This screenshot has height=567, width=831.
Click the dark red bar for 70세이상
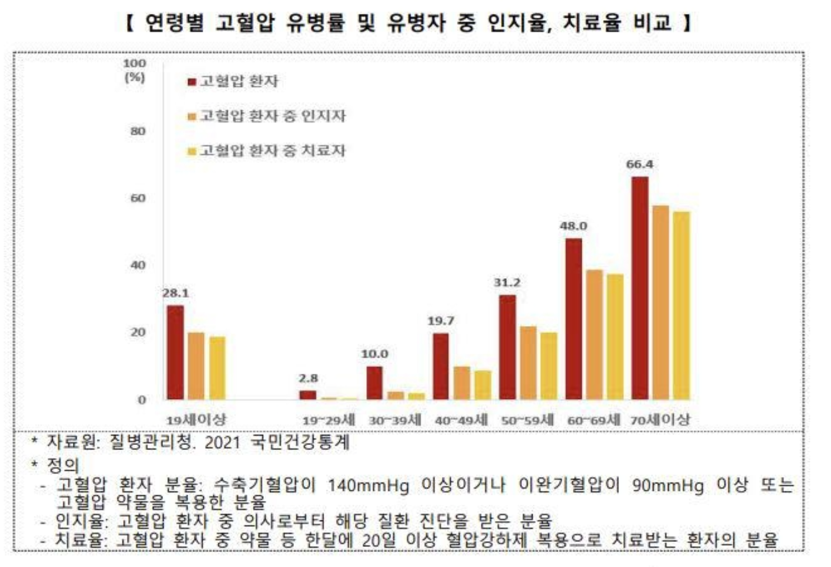(x=639, y=288)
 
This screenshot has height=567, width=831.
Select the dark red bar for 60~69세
(x=573, y=319)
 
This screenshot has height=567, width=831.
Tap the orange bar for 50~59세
(x=527, y=363)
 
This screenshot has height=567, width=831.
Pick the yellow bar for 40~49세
(x=483, y=385)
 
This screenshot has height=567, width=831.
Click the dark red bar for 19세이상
(x=175, y=353)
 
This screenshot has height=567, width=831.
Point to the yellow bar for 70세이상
(x=681, y=306)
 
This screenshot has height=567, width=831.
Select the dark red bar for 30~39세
(x=374, y=383)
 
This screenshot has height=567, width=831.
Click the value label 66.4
(x=639, y=165)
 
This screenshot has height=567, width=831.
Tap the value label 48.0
(x=573, y=226)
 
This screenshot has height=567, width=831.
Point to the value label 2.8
(x=308, y=378)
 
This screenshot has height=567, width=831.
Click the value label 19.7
(x=441, y=321)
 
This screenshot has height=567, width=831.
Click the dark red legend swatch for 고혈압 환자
(x=192, y=82)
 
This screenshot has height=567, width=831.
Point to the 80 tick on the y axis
(x=138, y=131)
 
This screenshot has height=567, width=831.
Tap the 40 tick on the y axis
(x=138, y=265)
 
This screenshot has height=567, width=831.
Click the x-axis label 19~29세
(x=329, y=420)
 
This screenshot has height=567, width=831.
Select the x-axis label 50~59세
(x=527, y=420)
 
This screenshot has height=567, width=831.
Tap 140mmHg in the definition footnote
(x=368, y=485)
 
